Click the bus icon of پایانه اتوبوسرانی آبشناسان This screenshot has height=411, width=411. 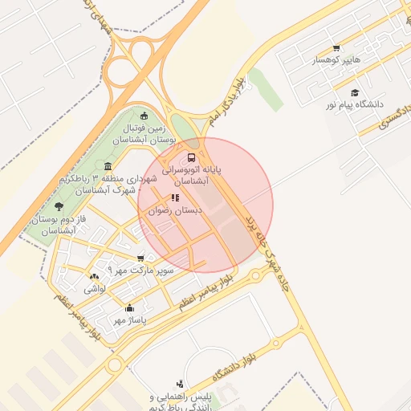tap(191, 157)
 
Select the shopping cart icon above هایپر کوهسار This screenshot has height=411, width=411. tap(336, 47)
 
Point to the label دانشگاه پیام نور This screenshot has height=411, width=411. tap(354, 105)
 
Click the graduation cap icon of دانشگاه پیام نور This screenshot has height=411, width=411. tap(355, 92)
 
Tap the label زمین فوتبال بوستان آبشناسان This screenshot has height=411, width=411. tap(144, 134)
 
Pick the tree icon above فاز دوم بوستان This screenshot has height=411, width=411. tap(60, 207)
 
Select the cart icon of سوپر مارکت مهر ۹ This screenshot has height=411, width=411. tap(141, 258)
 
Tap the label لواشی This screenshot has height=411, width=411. tap(94, 287)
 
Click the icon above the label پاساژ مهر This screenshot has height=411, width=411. tap(129, 307)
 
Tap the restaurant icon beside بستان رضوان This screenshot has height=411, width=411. tap(174, 197)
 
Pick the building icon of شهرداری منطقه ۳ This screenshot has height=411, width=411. tap(108, 166)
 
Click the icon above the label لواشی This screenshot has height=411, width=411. tap(94, 276)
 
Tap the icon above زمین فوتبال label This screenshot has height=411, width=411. tap(144, 116)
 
